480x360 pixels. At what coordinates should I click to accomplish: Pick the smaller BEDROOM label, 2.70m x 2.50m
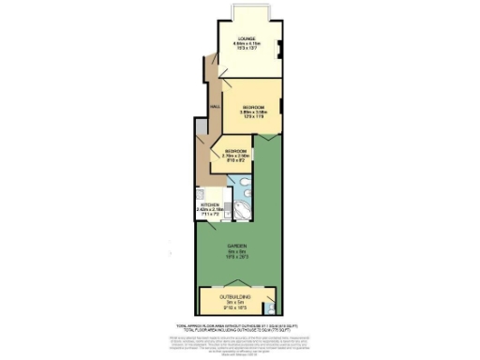point(234,152)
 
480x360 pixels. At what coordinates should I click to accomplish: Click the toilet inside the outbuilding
point(270,308)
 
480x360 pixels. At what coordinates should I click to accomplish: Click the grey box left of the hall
point(198,127)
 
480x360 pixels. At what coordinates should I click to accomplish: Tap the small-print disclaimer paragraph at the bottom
point(239,340)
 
